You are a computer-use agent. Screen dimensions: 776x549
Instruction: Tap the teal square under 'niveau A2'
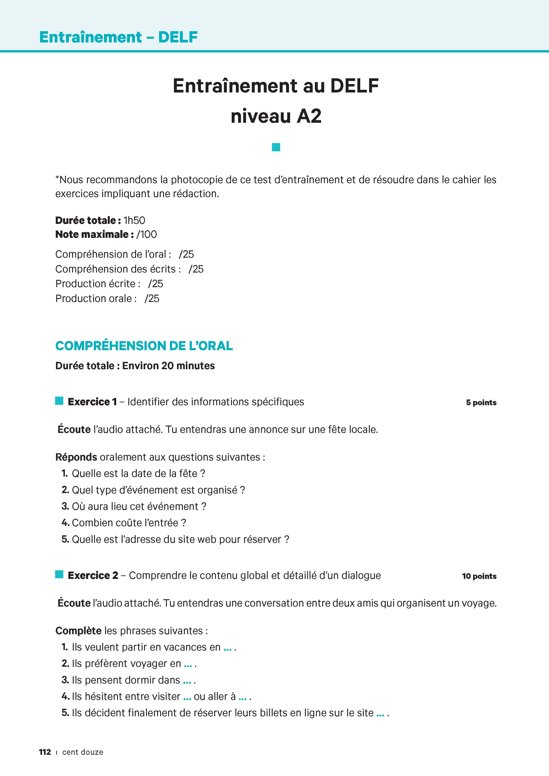[x=276, y=147]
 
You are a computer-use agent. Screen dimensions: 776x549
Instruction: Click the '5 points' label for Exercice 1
[x=481, y=403]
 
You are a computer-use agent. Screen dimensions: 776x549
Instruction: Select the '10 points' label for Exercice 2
[x=479, y=576]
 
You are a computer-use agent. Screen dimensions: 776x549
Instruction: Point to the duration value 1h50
[x=134, y=220]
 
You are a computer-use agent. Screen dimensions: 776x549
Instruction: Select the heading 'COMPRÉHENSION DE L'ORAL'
[x=144, y=346]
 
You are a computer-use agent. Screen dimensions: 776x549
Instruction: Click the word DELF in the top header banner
[x=178, y=37]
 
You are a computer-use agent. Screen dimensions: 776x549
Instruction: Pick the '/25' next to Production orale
[x=152, y=298]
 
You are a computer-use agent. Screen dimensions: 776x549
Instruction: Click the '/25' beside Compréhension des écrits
[x=196, y=269]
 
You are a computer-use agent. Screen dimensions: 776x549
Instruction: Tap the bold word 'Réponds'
[x=76, y=457]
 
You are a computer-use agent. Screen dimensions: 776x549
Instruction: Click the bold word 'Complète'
[x=78, y=631]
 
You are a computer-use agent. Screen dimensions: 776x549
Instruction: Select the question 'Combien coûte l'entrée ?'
[x=129, y=523]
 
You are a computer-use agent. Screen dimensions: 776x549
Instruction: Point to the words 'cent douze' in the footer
[x=83, y=752]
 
